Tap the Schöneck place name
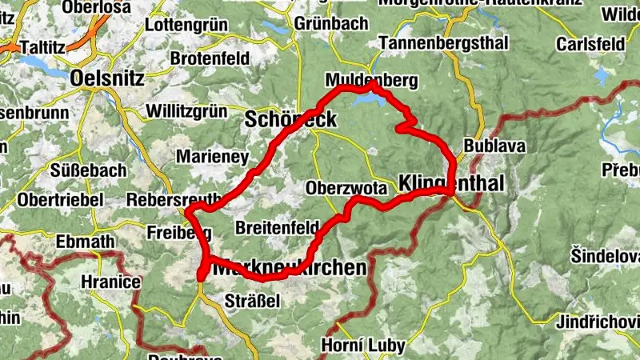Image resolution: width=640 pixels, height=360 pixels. pos(290,120)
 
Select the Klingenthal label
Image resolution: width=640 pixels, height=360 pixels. pos(450,184)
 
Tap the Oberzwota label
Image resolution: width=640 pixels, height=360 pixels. pos(346,188)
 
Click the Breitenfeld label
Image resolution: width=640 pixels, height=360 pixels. pos(278,227)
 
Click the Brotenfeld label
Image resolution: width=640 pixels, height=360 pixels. pos(210,58)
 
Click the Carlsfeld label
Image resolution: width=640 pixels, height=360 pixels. pos(590,42)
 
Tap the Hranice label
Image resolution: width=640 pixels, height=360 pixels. pos(110,282)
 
